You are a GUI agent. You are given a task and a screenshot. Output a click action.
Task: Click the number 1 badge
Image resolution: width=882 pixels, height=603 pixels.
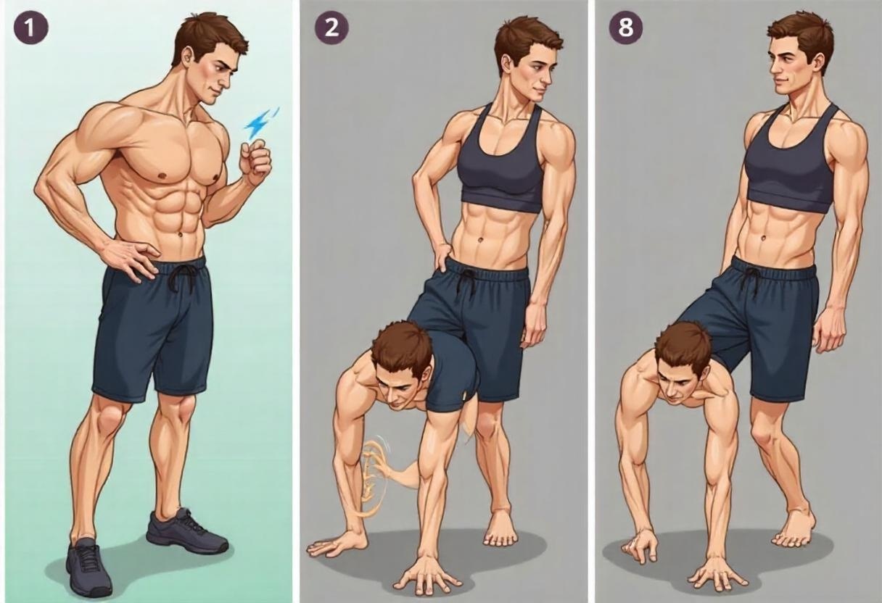31,28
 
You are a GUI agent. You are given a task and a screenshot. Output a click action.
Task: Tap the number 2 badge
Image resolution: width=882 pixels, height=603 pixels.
331,28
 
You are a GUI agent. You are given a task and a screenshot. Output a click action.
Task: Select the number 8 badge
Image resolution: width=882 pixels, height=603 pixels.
626,28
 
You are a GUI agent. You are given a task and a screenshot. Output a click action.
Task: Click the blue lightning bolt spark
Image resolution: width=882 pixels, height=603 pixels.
260,122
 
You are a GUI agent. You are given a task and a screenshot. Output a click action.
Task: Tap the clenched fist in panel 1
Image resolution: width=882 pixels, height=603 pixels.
256,162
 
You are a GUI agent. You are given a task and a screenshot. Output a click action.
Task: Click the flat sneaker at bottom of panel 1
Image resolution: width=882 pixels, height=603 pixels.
89,567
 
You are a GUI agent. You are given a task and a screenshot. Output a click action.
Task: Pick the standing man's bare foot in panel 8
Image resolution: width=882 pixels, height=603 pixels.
794,529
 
